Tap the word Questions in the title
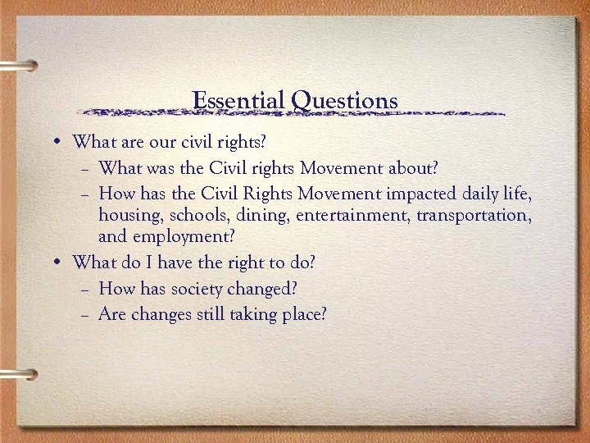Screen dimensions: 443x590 pyautogui.click(x=344, y=102)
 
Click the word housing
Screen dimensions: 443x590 pyautogui.click(x=128, y=216)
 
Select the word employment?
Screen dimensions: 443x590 pyautogui.click(x=187, y=238)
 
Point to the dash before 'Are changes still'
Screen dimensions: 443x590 pyautogui.click(x=87, y=314)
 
